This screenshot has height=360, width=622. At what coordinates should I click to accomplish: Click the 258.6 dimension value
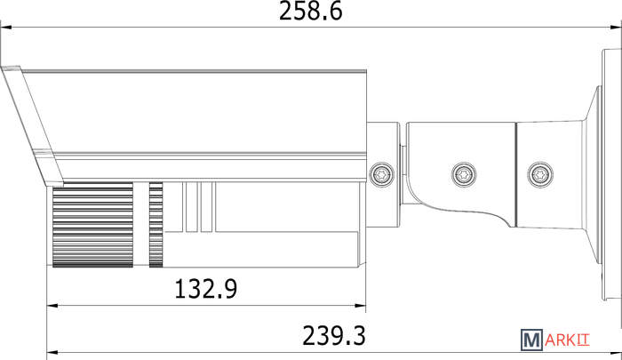(310, 12)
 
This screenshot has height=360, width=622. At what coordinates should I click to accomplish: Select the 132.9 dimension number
(206, 289)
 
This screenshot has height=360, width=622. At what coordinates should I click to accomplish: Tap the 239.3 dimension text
(334, 336)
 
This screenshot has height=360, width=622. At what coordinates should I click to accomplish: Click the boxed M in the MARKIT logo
(531, 340)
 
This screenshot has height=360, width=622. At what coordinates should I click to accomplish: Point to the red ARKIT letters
(567, 340)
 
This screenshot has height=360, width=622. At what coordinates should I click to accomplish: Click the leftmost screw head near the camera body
(381, 174)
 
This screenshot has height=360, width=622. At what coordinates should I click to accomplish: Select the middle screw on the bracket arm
(464, 174)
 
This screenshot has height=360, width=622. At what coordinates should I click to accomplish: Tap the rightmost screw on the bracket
(540, 174)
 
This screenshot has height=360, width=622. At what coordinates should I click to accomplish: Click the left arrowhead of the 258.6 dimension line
(5, 28)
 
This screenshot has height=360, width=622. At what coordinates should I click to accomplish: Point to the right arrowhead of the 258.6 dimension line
(616, 28)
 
